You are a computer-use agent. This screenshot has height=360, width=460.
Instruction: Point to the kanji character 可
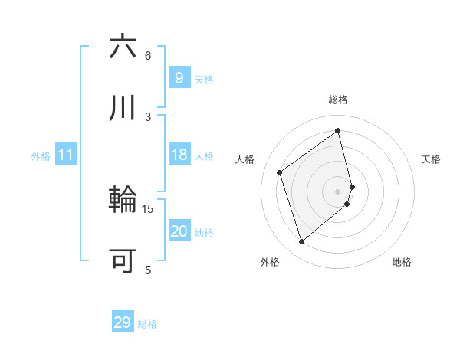tap(123, 261)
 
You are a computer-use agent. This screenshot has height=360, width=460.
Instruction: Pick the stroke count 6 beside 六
tap(148, 55)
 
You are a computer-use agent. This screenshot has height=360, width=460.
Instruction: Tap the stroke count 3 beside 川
tap(148, 116)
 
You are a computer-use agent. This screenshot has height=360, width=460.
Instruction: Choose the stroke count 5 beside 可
tap(148, 270)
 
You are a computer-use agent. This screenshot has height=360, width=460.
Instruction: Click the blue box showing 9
tap(179, 77)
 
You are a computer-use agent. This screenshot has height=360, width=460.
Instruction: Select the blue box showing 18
tap(179, 155)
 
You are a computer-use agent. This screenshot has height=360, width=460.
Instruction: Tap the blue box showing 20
tap(179, 231)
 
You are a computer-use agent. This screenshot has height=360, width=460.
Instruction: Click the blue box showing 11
tap(66, 155)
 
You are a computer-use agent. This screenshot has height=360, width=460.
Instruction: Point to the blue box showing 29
tap(123, 322)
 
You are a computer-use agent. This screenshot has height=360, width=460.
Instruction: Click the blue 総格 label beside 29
tap(147, 324)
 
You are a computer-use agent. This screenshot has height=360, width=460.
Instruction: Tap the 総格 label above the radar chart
tap(338, 100)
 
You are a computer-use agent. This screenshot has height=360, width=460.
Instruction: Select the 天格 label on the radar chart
tap(431, 159)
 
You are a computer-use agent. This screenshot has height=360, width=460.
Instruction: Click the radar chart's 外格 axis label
tap(270, 262)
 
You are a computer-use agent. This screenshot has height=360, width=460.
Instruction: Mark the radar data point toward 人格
tap(280, 173)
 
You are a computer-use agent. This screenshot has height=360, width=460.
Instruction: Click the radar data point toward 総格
tap(338, 131)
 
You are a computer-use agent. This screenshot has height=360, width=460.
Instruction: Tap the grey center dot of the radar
tap(338, 191)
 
